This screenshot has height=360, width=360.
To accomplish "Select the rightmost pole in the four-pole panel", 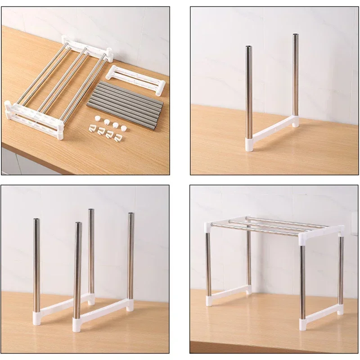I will [x=130, y=256].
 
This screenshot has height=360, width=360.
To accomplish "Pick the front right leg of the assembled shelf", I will [x=302, y=274].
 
